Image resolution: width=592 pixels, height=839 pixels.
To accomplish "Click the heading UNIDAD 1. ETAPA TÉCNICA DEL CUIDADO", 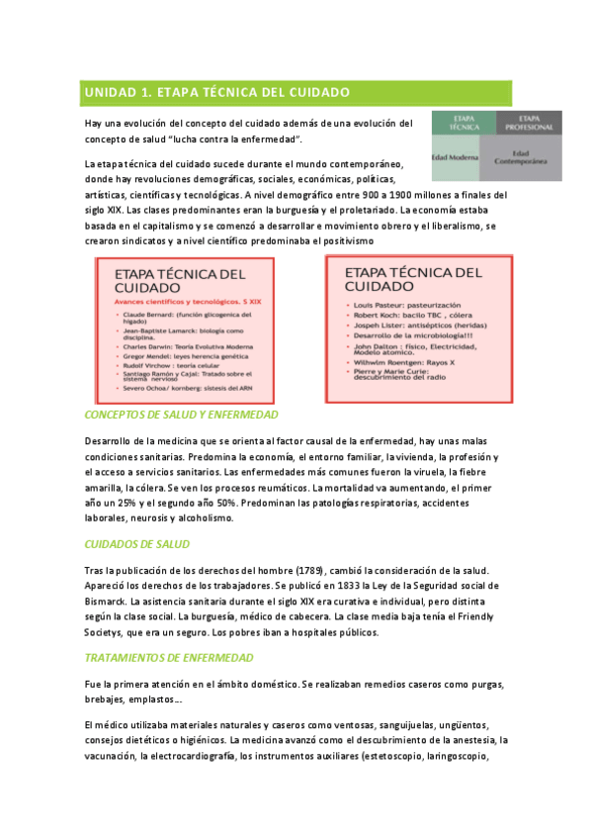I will coord(217,92).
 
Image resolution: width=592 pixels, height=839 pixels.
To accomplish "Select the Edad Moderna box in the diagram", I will coord(456,157).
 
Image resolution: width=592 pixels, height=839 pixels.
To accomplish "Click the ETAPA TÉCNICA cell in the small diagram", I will coord(457,123).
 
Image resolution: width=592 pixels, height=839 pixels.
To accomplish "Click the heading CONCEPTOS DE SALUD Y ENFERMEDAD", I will coord(181,415).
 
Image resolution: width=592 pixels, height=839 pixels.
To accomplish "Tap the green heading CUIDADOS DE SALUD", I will coord(137,544).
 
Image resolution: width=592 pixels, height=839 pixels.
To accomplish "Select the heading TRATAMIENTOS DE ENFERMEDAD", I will coord(168,658).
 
